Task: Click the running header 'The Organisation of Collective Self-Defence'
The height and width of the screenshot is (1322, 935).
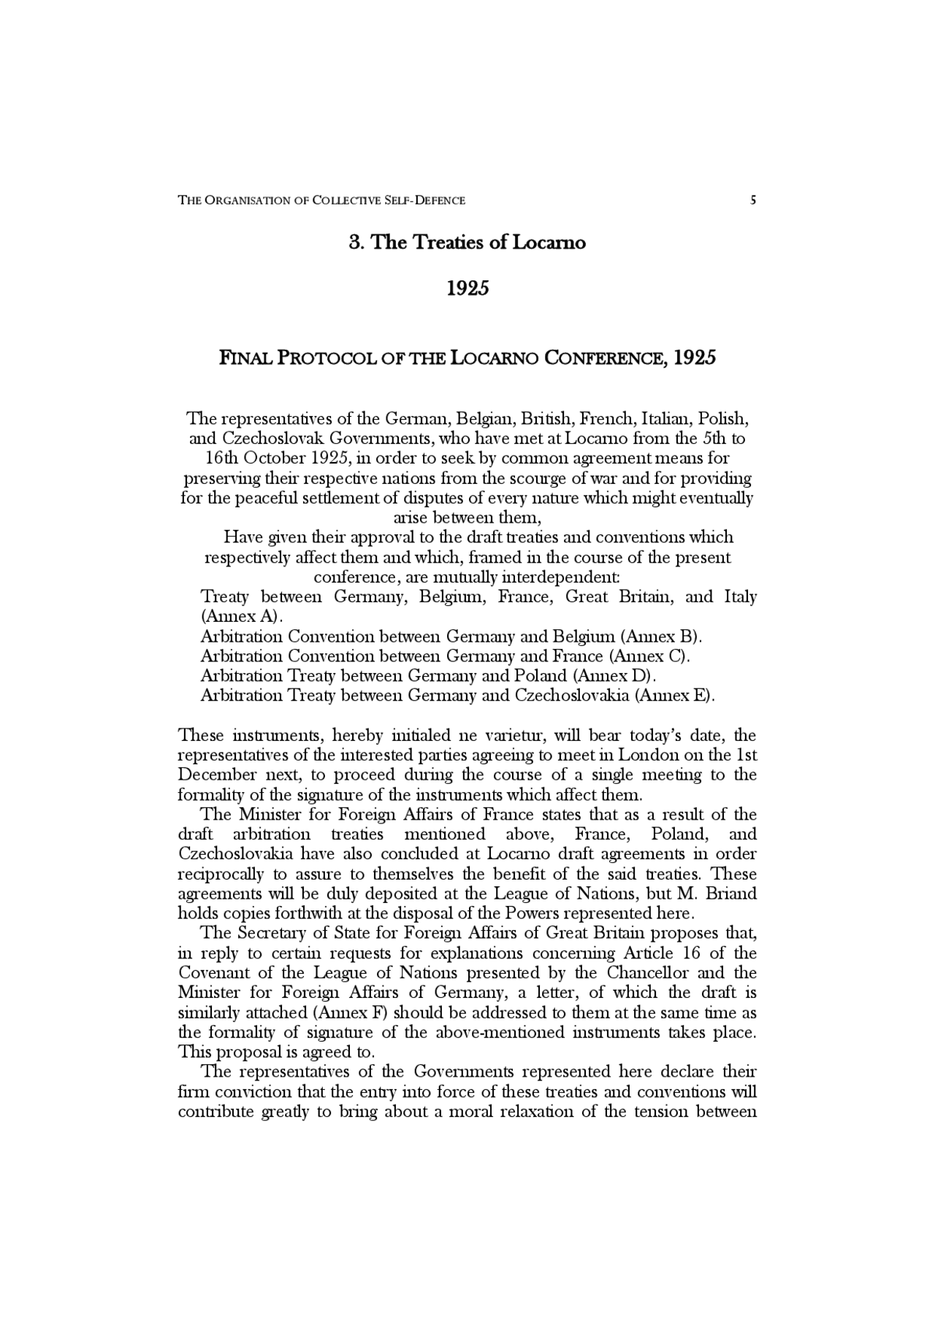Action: tap(321, 200)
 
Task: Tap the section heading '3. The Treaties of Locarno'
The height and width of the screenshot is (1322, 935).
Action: tap(467, 242)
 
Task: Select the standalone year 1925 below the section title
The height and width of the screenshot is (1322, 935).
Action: tap(467, 288)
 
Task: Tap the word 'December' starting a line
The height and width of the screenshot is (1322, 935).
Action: tap(213, 775)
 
